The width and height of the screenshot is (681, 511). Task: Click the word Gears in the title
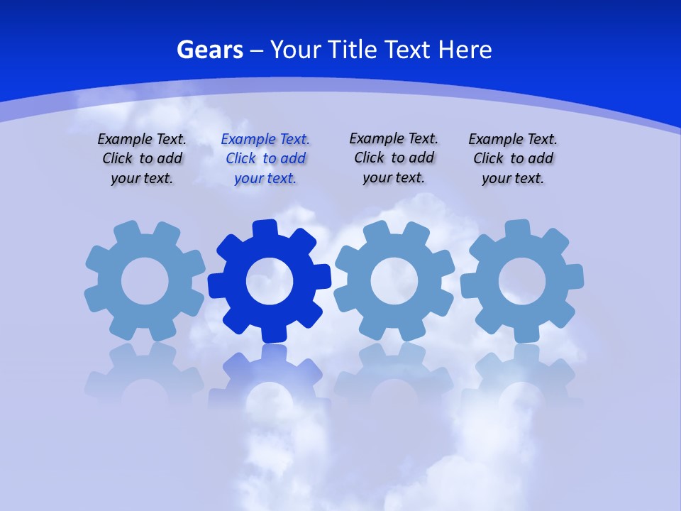pos(209,50)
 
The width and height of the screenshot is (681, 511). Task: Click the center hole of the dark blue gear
pos(270,282)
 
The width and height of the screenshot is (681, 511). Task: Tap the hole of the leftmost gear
pos(145,282)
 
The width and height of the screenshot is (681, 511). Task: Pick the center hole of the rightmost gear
pos(522,282)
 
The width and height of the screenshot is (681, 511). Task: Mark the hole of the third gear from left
pos(394,282)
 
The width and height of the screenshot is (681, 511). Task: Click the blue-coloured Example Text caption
pos(265,159)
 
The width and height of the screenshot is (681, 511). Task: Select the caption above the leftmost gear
pos(142,159)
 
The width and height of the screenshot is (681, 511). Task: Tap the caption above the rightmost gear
pos(513,159)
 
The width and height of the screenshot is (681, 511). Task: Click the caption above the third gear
pos(394,158)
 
